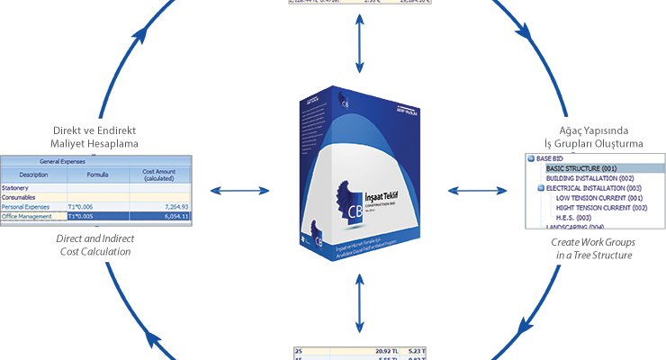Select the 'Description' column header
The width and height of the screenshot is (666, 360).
click(33, 174)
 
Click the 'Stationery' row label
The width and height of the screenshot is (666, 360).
click(19, 188)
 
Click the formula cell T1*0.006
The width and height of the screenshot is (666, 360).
click(85, 206)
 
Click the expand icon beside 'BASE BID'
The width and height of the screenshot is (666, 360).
click(533, 158)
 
